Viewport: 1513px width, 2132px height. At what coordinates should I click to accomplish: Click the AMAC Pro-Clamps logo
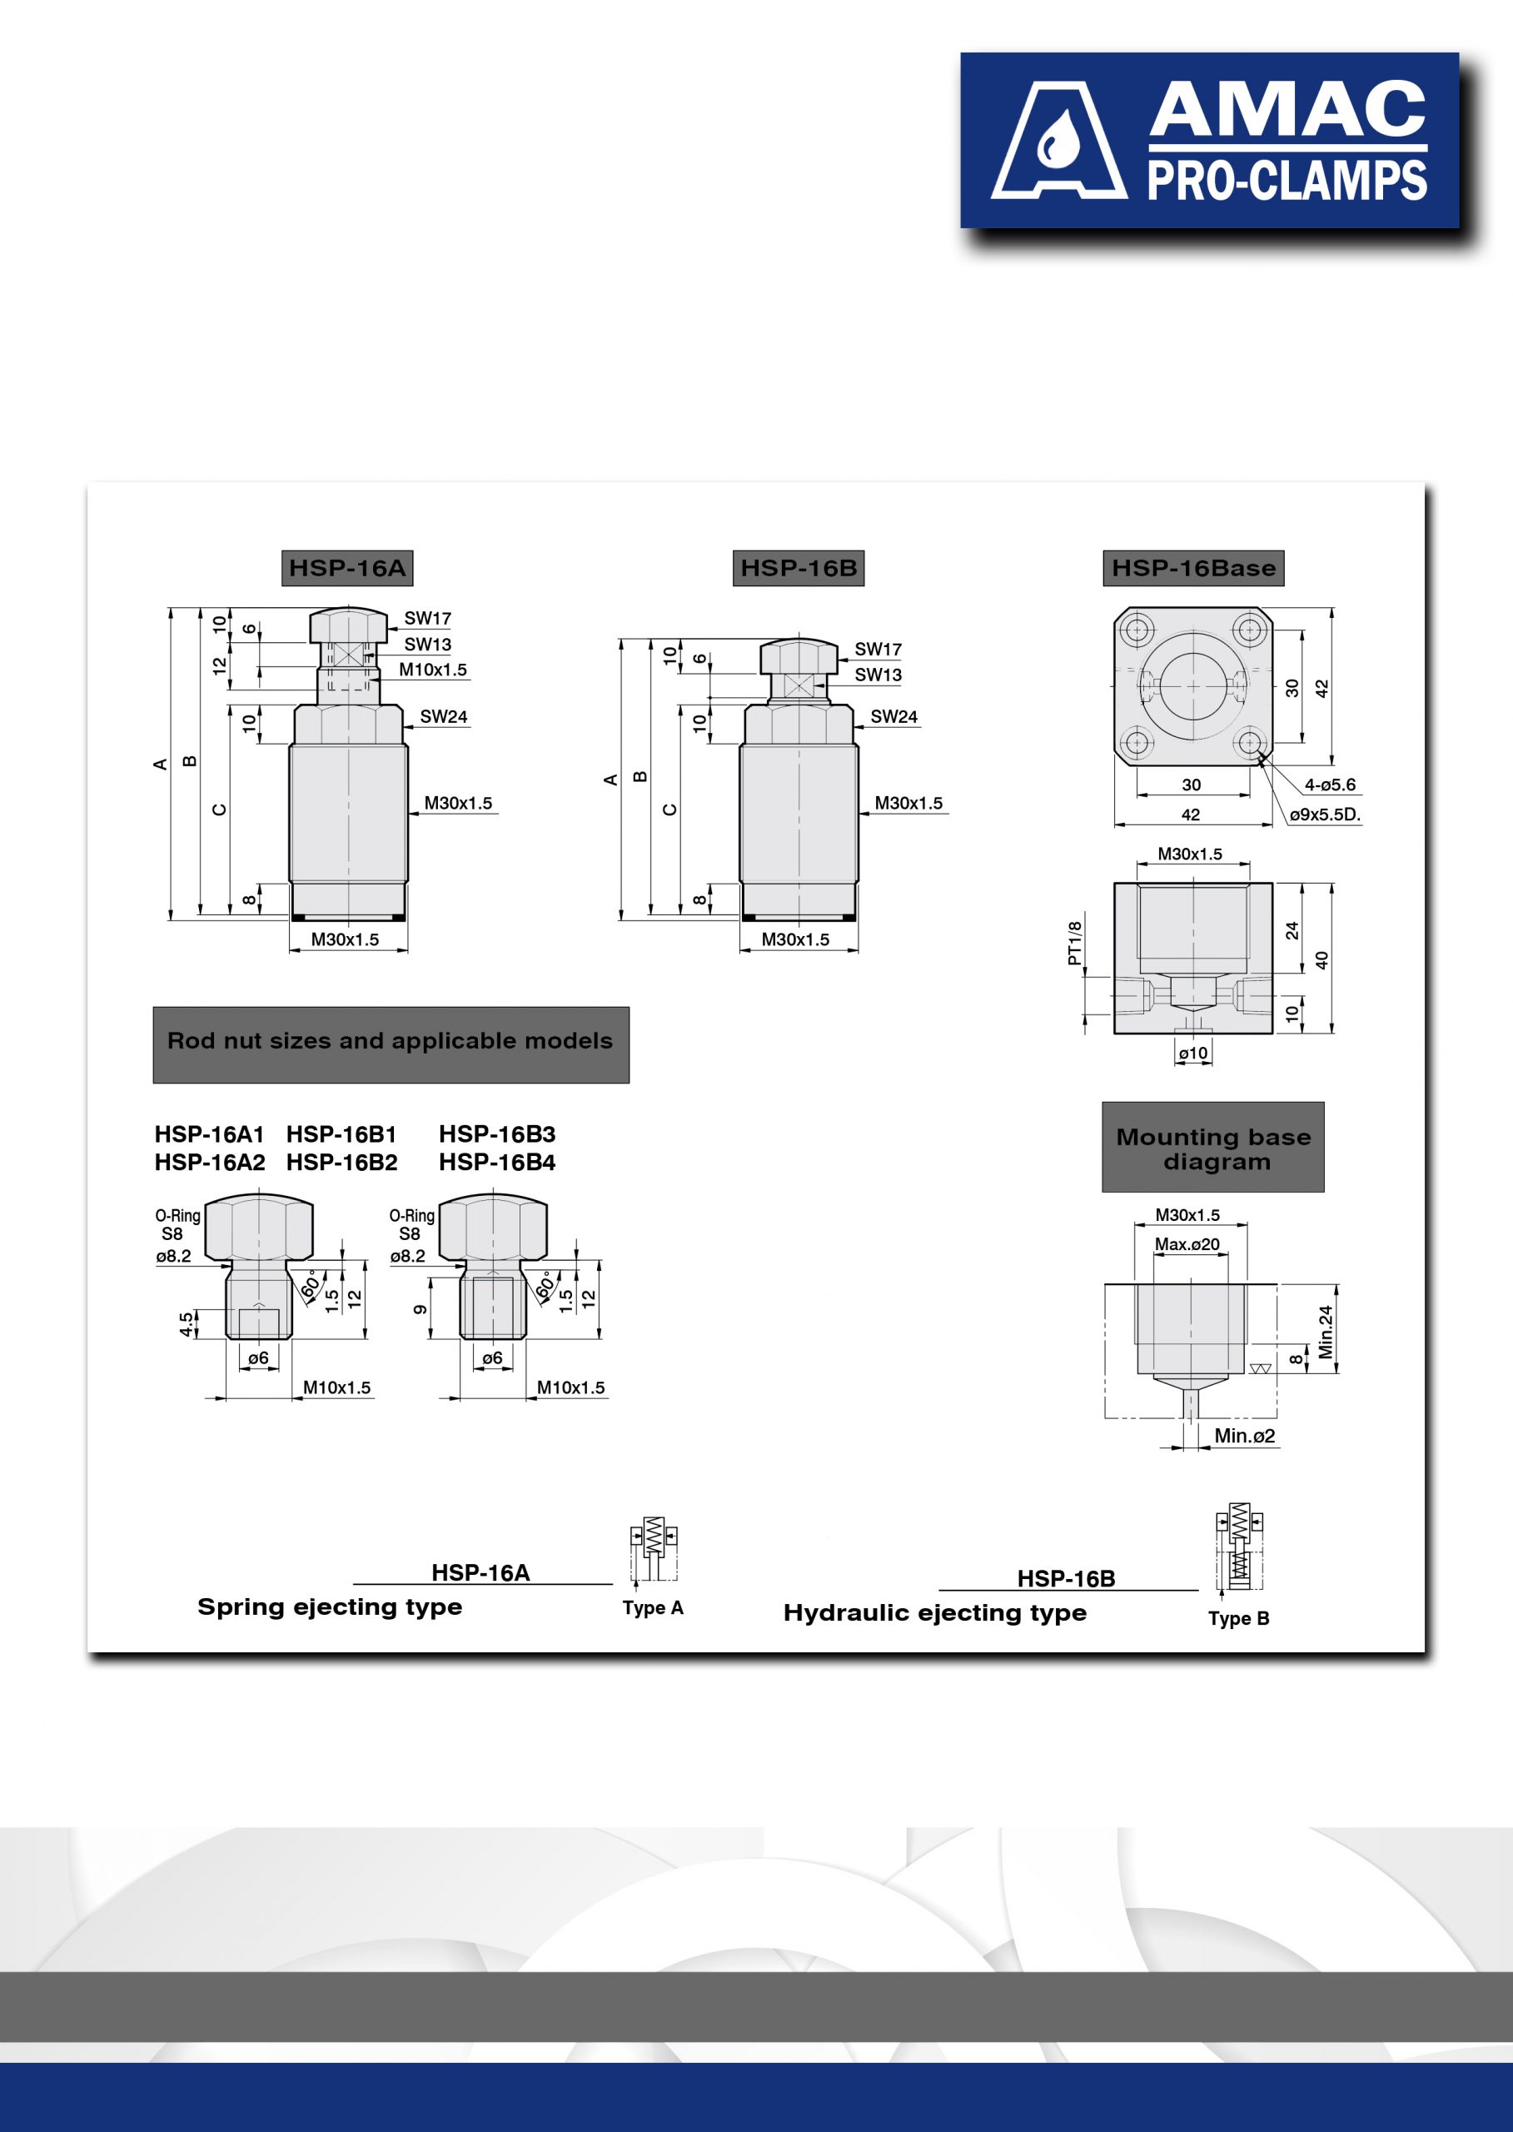coord(1209,140)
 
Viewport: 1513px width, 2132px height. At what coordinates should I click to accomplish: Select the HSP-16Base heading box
coord(1193,567)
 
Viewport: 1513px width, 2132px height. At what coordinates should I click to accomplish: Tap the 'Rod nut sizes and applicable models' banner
coord(391,1044)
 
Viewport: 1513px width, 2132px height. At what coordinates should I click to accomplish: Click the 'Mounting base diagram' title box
coord(1213,1147)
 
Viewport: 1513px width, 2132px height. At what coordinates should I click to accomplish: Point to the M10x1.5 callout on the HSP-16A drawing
coord(433,670)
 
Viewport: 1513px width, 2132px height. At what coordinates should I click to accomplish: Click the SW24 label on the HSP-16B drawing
coord(894,716)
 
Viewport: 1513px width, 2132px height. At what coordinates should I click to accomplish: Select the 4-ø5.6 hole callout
coord(1331,785)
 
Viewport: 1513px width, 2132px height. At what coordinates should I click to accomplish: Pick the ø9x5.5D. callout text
coord(1326,814)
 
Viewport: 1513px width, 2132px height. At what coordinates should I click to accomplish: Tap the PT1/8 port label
coord(1075,943)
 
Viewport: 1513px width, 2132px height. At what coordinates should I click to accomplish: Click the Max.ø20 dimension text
coord(1187,1244)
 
